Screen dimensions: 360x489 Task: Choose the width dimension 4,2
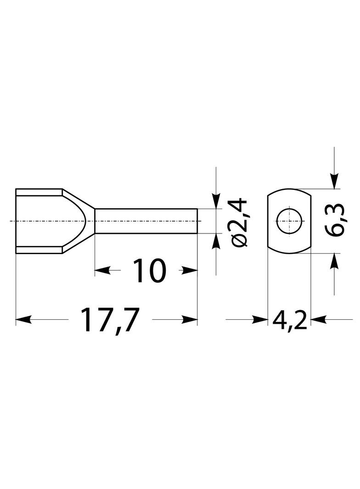(x=289, y=320)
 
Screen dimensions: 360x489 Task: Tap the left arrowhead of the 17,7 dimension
(x=23, y=319)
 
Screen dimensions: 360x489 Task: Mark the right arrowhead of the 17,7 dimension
(x=190, y=319)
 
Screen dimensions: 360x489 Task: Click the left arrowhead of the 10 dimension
(x=103, y=270)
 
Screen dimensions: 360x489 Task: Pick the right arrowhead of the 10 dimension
(x=190, y=270)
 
